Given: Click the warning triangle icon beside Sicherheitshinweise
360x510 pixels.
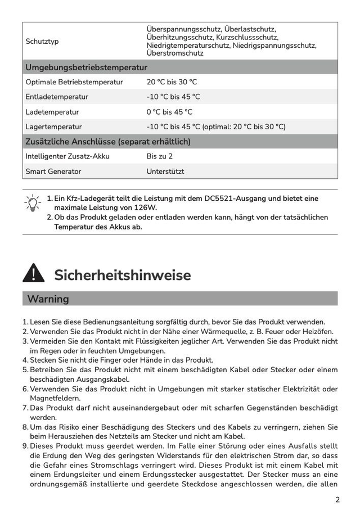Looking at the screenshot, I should (x=34, y=273).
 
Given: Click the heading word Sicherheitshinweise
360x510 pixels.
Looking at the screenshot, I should (x=122, y=276).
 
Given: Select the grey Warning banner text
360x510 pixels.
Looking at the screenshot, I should (x=48, y=299).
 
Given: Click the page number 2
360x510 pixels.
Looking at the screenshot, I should (x=337, y=499).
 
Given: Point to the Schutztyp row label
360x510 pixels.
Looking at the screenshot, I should (x=42, y=42).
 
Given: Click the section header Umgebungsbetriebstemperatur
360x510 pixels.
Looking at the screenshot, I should (x=86, y=67).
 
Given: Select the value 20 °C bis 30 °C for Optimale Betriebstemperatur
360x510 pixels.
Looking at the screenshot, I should (x=172, y=82).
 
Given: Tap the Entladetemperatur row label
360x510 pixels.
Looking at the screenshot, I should (x=57, y=97).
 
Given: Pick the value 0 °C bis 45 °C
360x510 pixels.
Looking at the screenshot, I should (x=169, y=112).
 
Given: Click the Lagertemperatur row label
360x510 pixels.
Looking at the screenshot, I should (x=53, y=127).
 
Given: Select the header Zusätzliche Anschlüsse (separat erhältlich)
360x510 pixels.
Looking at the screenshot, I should (x=108, y=142).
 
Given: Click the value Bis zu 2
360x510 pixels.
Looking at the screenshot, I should (x=160, y=156).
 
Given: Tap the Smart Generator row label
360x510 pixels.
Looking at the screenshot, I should (x=53, y=171).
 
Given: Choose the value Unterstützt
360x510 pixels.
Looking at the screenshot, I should (x=165, y=171).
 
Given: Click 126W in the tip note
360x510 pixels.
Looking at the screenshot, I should (x=146, y=207).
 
